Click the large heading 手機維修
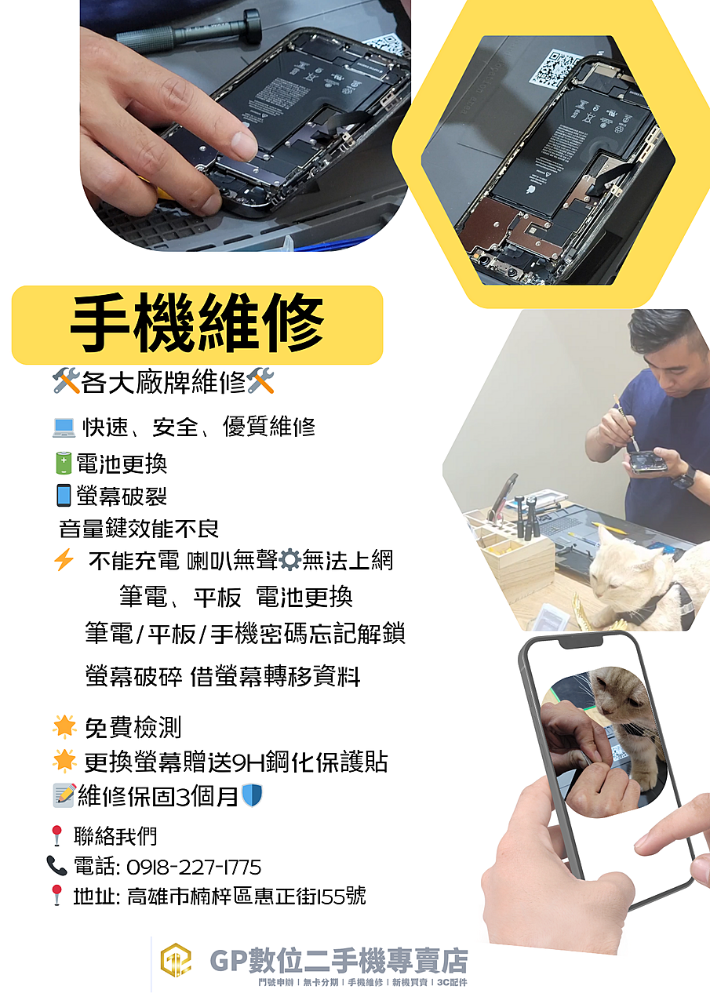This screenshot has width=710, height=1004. [197, 324]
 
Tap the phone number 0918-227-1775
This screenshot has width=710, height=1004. [194, 867]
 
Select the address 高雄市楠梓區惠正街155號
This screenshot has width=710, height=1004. [246, 897]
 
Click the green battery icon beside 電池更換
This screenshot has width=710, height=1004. [64, 463]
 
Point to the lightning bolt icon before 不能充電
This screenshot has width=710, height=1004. [64, 559]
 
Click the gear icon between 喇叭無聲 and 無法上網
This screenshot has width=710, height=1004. [289, 560]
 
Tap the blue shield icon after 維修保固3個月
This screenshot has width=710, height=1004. [252, 795]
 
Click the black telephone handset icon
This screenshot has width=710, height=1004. [57, 865]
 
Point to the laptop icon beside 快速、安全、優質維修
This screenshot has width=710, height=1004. [64, 427]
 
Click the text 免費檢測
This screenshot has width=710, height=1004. [133, 727]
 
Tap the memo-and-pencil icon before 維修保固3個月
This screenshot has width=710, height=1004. [64, 795]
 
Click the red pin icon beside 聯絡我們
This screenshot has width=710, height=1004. [57, 836]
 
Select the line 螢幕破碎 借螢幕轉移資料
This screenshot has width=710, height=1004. [223, 676]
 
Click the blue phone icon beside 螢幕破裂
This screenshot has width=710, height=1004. [64, 495]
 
